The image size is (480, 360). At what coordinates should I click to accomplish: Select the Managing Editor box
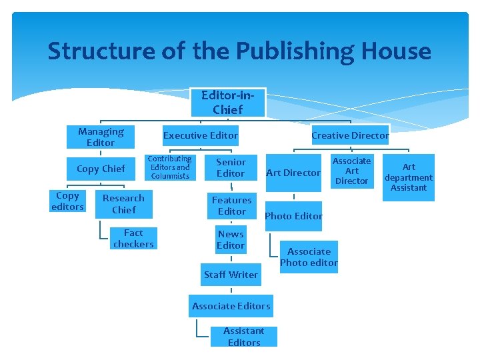point(101,137)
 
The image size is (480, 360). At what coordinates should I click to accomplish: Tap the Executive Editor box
point(201,135)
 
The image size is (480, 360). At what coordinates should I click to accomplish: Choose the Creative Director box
point(350,135)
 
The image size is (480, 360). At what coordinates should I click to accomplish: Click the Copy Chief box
point(101,169)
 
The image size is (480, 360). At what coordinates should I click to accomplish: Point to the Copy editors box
point(67,201)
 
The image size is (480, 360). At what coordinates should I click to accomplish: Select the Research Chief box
point(123,204)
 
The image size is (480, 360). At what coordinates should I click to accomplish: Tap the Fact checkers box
point(133,238)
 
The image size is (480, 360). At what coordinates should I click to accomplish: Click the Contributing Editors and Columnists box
point(169,167)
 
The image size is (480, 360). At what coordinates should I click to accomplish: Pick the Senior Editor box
point(231,167)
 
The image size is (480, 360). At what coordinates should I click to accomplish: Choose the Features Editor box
point(231,205)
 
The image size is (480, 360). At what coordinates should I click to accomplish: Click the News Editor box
point(231,240)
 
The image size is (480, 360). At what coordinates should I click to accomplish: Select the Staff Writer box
point(231,275)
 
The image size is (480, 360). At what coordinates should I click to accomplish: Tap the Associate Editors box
point(231,306)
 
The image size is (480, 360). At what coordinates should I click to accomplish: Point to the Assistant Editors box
point(244,337)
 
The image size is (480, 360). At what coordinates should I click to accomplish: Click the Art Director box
point(293,173)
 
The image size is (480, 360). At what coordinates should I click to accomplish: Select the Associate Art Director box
point(351,171)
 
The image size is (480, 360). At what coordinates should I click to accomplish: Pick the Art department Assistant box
point(409,177)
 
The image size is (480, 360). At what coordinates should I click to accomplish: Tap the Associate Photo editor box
point(309,257)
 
